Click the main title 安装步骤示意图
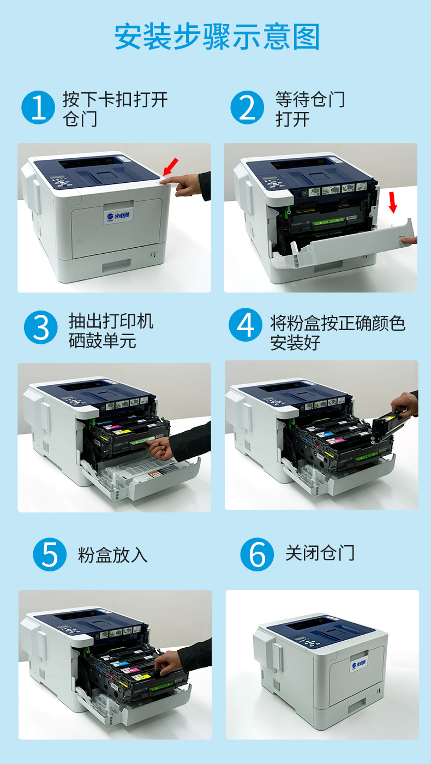(217, 37)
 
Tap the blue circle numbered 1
(38, 108)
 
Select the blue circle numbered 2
(247, 108)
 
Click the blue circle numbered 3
(40, 327)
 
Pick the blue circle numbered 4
(246, 325)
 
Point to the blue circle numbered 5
(50, 554)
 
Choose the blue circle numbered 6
(257, 554)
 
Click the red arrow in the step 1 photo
(171, 167)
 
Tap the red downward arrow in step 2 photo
(393, 202)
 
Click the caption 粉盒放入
(112, 555)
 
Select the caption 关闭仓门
(320, 553)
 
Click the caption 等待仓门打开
(310, 109)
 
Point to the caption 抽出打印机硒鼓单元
(111, 331)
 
